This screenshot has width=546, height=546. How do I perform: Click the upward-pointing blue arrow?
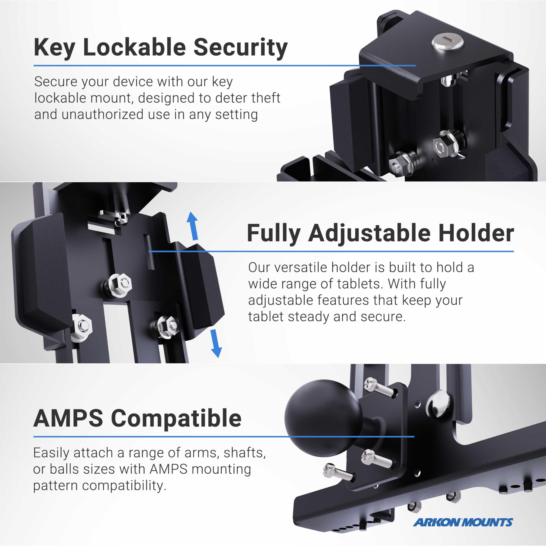point(193,226)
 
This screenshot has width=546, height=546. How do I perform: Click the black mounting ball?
point(323,418)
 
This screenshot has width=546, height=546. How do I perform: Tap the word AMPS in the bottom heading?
point(68,418)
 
